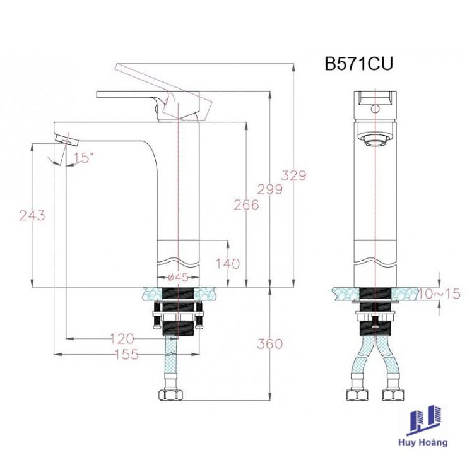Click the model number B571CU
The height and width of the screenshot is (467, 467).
tap(358, 64)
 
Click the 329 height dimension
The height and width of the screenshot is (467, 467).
tap(293, 175)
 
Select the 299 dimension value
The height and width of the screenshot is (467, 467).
tap(270, 189)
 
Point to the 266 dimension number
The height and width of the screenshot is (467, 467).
tap(246, 205)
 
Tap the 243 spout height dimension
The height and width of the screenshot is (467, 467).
tap(32, 215)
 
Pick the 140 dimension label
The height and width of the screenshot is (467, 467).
tap(228, 264)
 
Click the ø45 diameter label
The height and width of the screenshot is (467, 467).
tap(178, 278)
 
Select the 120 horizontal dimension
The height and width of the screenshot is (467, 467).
tap(122, 339)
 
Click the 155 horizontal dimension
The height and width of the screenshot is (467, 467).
tap(127, 355)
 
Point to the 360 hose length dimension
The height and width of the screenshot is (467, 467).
tap(270, 344)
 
